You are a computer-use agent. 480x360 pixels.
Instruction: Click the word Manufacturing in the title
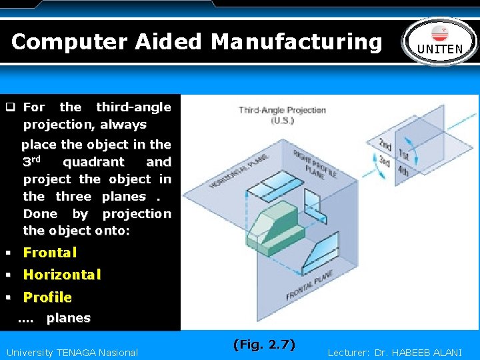click(x=297, y=41)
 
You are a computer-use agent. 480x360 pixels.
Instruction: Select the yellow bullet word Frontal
click(x=50, y=252)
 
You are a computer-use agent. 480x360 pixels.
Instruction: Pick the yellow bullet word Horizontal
click(x=62, y=274)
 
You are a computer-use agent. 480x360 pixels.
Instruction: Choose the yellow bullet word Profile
click(x=47, y=297)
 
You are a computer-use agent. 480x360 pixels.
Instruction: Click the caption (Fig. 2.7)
click(x=264, y=344)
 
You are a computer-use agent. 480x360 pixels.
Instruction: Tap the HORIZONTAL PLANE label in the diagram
click(x=239, y=171)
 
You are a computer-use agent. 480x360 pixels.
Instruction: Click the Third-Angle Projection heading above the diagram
click(x=282, y=110)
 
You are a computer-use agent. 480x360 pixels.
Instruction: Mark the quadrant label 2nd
click(x=385, y=144)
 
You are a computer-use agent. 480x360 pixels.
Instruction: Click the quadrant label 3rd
click(x=385, y=161)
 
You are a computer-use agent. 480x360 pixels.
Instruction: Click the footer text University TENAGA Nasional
click(x=72, y=353)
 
